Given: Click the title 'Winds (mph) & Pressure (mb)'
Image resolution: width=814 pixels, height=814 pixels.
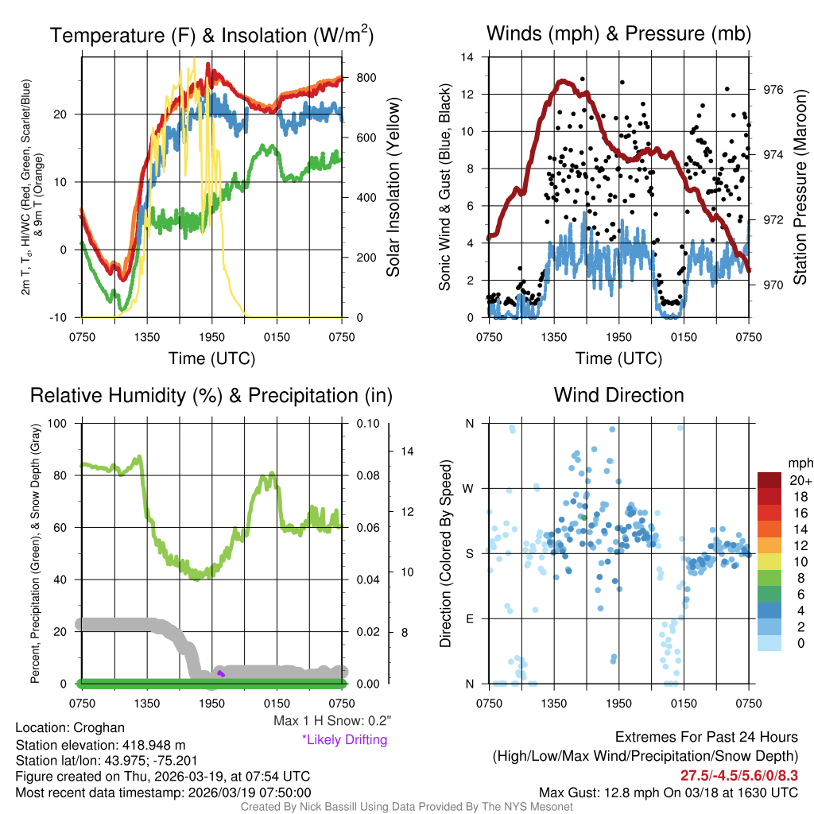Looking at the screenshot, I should pos(618,33).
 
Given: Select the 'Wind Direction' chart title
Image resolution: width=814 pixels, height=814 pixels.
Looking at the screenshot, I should pos(618,395).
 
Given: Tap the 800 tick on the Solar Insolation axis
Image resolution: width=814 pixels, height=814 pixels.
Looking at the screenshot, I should pos(366,78).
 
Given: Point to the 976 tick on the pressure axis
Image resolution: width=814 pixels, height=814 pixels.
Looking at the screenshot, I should pos(773,90).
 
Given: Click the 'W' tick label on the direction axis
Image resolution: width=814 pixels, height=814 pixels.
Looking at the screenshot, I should pos(469,488).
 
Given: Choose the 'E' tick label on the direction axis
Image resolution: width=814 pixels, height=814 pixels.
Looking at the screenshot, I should pos(470,618).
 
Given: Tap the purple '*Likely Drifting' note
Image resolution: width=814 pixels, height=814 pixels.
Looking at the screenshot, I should pos(344,740).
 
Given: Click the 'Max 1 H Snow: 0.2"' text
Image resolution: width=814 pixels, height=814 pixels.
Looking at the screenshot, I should pos(332,721).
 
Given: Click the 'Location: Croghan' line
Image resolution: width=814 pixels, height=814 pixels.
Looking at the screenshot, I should pos(70,728).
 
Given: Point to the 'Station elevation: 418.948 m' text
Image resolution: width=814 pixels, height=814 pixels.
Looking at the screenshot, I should pos(100,745).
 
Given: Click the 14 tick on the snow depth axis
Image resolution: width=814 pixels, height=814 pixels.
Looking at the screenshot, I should pos(407,452).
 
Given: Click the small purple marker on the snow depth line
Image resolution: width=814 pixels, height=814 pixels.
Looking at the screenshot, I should pos(221,674).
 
